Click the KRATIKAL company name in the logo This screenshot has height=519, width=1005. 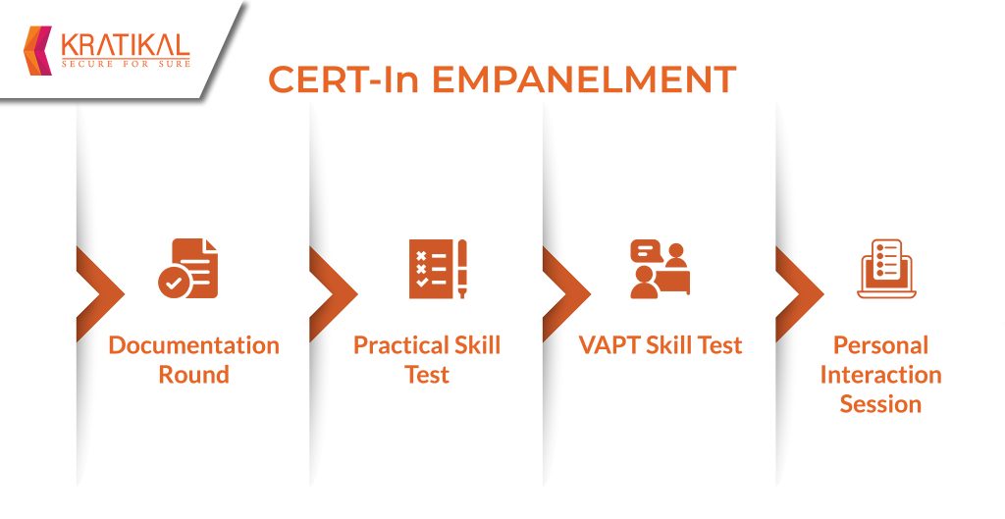tap(126, 45)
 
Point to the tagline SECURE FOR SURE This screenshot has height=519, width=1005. tap(126, 64)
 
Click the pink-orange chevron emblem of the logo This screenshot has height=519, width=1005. tap(37, 51)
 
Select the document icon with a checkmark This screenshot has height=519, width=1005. tap(188, 269)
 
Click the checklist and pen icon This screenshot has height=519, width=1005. tap(438, 269)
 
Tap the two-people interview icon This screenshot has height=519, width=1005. tap(661, 269)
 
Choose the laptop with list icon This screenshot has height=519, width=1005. tap(886, 269)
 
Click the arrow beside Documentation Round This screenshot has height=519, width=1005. tap(101, 293)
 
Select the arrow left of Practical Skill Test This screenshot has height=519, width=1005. tap(334, 293)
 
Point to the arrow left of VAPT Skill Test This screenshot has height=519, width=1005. tap(567, 293)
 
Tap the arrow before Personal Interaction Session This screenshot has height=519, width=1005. tap(800, 293)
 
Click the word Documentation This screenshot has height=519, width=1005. tap(193, 345)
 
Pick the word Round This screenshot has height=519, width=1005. tap(193, 374)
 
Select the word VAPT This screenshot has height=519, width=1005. tap(609, 345)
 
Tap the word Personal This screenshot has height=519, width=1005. tap(880, 345)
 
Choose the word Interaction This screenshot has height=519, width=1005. tap(880, 374)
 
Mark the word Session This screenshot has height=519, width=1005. tap(880, 403)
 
